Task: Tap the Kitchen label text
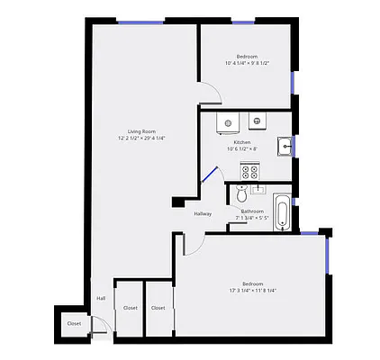click(x=242, y=142)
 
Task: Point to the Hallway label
click(x=203, y=213)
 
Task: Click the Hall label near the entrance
click(x=100, y=298)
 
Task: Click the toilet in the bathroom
click(x=240, y=193)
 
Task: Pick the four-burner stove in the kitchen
click(x=249, y=169)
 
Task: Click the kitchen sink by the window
click(x=284, y=145)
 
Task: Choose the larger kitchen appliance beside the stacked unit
click(x=231, y=121)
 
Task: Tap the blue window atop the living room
click(x=140, y=22)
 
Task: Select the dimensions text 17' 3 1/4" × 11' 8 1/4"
click(x=252, y=291)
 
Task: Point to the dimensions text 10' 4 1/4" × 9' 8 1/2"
click(x=246, y=63)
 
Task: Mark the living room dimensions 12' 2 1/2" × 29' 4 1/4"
click(x=141, y=138)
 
